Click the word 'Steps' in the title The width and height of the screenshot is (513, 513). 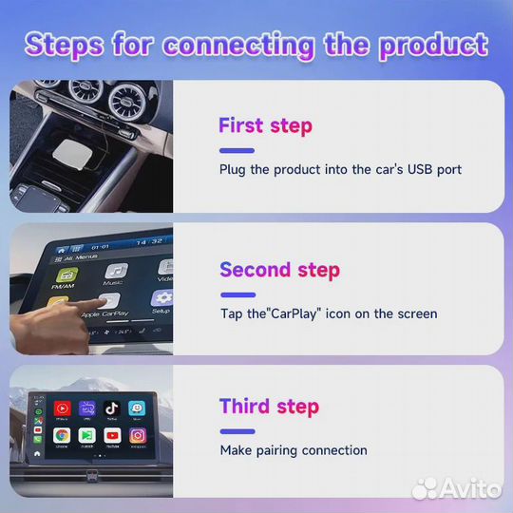(x=66, y=44)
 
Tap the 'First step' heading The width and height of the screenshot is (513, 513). (x=265, y=125)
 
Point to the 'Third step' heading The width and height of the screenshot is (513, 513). (x=269, y=407)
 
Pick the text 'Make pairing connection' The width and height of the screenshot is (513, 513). (x=294, y=450)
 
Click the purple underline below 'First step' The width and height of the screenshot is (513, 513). (x=237, y=149)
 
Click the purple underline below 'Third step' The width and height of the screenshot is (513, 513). (x=237, y=429)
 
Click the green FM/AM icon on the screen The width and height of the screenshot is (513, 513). (x=66, y=277)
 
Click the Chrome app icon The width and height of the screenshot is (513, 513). (x=61, y=434)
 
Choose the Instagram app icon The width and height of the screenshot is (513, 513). (x=138, y=434)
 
